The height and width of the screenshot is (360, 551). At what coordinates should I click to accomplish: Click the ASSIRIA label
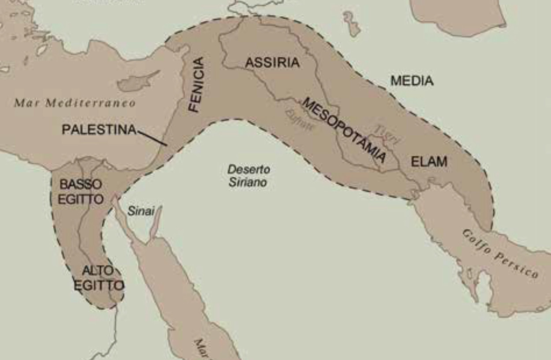tap(272, 63)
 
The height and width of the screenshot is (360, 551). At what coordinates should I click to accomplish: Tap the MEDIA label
tap(412, 81)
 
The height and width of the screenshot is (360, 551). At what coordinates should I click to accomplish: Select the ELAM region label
tap(429, 161)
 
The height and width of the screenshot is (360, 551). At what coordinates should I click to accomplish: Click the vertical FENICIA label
tap(197, 85)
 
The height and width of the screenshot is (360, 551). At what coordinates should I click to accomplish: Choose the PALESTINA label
tap(99, 129)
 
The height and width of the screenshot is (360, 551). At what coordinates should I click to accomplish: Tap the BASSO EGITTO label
tap(81, 191)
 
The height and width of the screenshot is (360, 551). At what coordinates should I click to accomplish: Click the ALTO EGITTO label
tap(98, 277)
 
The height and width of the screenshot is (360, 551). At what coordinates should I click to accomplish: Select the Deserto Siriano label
tap(248, 176)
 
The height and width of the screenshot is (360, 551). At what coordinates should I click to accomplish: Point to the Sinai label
tap(141, 211)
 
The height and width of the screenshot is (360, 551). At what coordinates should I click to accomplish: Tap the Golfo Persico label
tap(500, 253)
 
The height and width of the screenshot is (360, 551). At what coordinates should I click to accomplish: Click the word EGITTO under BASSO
tap(81, 199)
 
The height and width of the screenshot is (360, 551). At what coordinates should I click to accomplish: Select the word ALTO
tap(98, 270)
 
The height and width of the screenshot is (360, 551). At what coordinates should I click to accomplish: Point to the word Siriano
tap(248, 182)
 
